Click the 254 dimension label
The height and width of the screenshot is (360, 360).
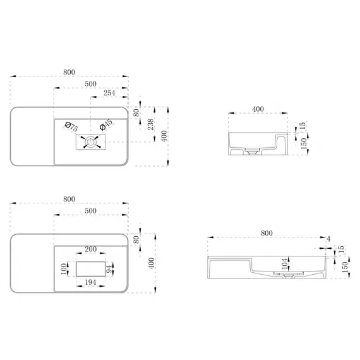(x=109, y=93)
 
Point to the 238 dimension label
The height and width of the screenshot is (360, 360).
(x=150, y=124)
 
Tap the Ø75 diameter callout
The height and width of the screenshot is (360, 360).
(x=71, y=126)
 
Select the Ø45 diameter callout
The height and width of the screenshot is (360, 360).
(x=106, y=124)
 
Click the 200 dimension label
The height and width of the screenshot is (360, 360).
(x=91, y=249)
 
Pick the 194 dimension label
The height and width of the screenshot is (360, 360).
(x=91, y=282)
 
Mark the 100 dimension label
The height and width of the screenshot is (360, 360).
(x=64, y=269)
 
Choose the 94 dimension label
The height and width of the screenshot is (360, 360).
(x=110, y=269)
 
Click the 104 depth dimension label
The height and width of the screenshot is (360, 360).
(x=285, y=264)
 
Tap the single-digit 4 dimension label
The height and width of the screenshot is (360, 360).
(x=328, y=239)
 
